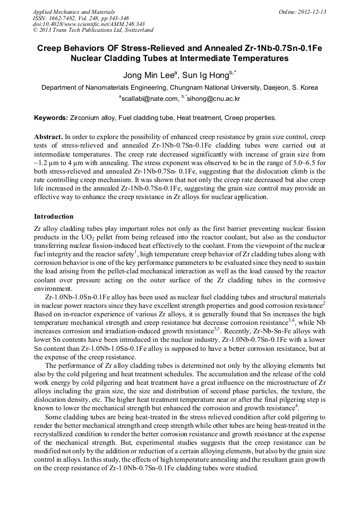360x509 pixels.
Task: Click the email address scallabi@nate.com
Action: coord(150,99)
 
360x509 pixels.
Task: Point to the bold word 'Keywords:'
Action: coord(50,117)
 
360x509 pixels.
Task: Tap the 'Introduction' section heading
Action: coord(54,217)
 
